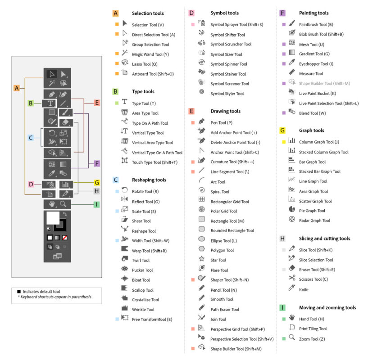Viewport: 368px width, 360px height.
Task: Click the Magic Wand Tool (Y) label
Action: tap(150, 54)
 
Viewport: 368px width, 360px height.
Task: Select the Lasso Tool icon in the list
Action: tap(125, 63)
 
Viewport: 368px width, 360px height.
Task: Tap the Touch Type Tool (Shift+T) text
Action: tap(154, 162)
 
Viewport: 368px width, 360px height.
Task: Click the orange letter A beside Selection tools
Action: tap(115, 13)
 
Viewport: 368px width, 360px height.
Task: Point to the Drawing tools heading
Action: tap(225, 111)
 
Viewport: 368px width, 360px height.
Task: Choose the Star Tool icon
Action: tap(201, 260)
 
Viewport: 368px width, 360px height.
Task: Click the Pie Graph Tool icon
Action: tap(291, 210)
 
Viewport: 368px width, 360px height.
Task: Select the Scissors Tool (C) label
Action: tap(313, 279)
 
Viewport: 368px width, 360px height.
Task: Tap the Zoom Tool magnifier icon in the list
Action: tap(291, 338)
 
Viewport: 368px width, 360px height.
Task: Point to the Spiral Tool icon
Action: tap(201, 191)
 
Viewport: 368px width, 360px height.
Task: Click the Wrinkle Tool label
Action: tap(143, 310)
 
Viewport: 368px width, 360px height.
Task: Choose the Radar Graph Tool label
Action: tap(314, 220)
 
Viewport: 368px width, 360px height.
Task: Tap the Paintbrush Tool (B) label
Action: tap(316, 25)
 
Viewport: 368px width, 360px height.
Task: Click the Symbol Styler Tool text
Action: tap(227, 94)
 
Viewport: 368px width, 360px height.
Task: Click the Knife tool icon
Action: tap(291, 289)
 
